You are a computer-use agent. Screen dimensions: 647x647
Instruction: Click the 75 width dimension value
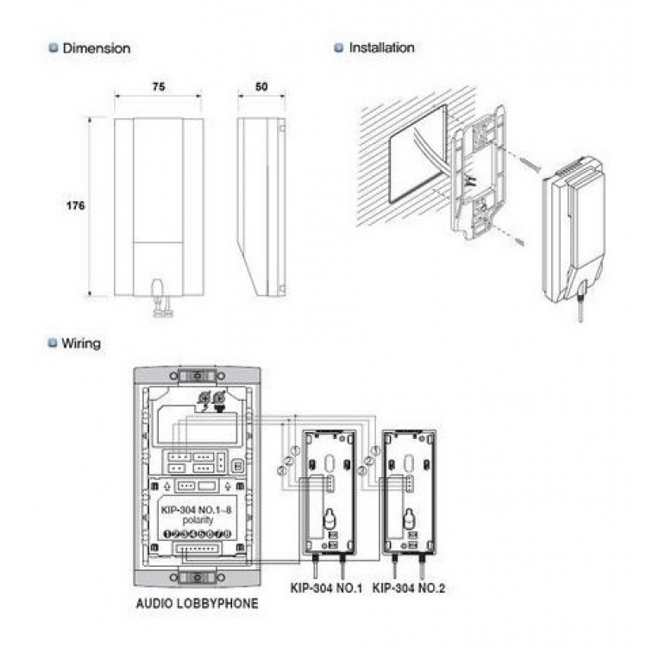click(x=159, y=88)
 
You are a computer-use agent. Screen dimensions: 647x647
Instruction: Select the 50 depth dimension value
click(x=261, y=88)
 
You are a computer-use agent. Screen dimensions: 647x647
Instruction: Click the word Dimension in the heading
click(x=97, y=48)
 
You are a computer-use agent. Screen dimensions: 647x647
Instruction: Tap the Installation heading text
click(x=381, y=47)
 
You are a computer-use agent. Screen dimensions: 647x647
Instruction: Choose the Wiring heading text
click(x=80, y=343)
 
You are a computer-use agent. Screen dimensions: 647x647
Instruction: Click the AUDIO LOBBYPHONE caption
click(x=197, y=604)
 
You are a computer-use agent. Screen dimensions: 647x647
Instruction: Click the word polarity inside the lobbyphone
click(x=197, y=522)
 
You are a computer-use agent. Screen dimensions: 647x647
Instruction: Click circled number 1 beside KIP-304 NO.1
click(x=294, y=450)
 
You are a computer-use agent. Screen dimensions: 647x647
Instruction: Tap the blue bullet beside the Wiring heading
click(x=53, y=343)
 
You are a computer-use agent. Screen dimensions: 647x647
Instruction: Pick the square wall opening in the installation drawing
click(x=418, y=155)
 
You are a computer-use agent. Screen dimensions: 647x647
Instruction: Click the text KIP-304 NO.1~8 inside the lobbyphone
click(x=197, y=510)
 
